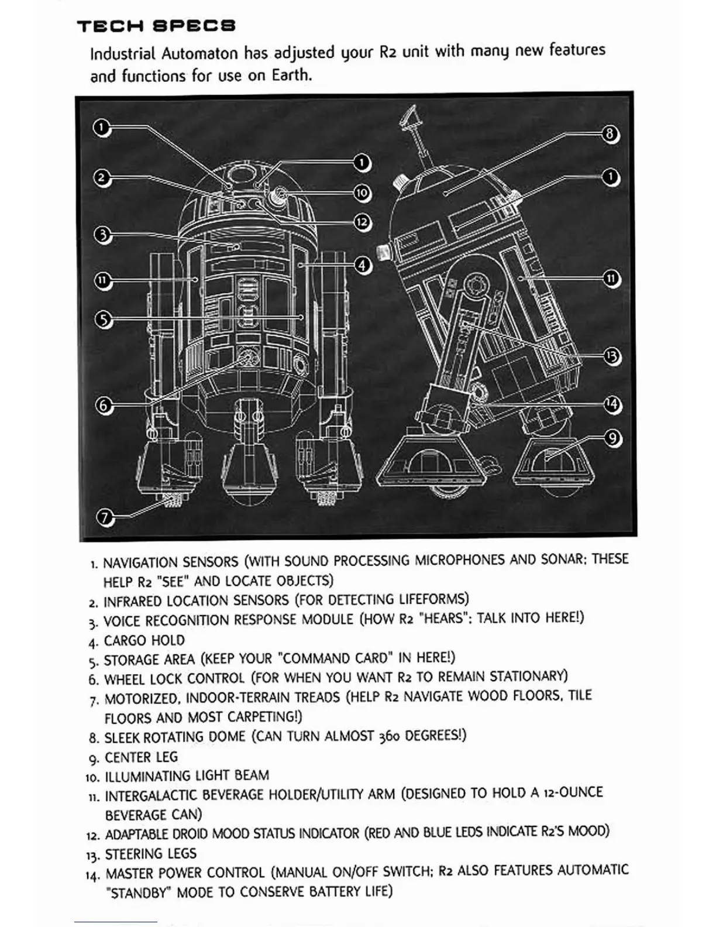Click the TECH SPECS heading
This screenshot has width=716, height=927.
[156, 26]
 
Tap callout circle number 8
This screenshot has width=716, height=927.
[610, 134]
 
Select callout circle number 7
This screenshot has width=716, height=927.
[105, 517]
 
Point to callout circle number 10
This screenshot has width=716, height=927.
[363, 193]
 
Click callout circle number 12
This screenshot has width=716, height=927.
[363, 222]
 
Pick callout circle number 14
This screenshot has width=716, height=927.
[611, 404]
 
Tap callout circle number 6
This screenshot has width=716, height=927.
[104, 405]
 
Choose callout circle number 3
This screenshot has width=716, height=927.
[102, 235]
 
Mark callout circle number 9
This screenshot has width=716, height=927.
[611, 438]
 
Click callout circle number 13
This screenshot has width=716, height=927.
[611, 356]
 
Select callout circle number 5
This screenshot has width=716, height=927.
[103, 320]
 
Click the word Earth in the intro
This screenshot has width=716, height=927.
[290, 75]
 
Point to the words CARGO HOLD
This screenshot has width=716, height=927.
[144, 640]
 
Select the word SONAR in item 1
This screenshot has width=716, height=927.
[561, 559]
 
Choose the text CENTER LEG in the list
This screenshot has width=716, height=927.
[141, 757]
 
